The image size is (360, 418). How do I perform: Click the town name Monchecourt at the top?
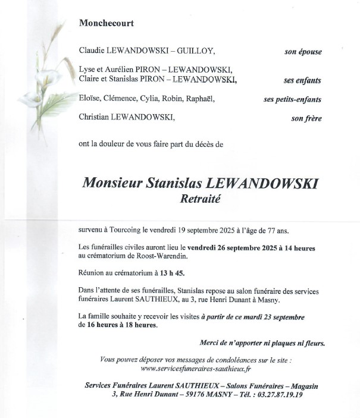point(106,24)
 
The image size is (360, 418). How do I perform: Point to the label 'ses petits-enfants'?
point(292,99)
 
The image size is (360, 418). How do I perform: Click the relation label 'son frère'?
point(306,118)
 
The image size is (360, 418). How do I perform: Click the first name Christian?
point(96,118)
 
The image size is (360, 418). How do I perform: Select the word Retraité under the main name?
point(200,200)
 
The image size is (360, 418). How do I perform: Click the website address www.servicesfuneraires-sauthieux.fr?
point(192,369)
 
